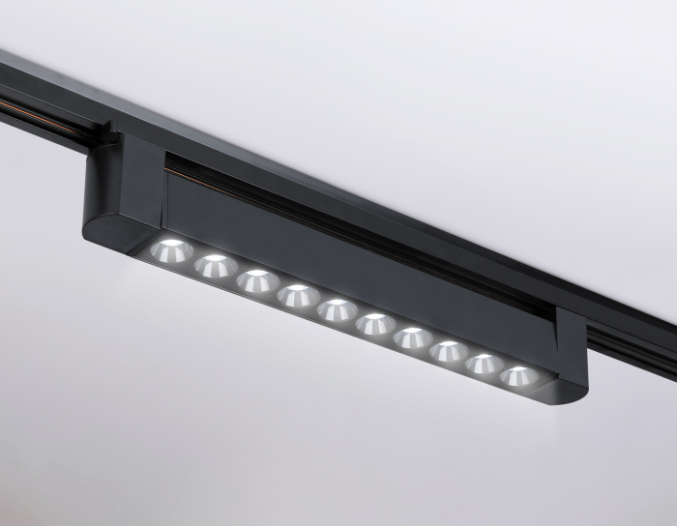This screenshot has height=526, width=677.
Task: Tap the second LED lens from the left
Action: [216, 265]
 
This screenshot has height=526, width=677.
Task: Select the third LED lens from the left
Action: [257, 280]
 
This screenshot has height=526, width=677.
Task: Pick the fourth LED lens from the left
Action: [297, 295]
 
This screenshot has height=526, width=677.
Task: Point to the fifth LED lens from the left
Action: [337, 309]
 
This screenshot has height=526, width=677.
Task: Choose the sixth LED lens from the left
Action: [375, 324]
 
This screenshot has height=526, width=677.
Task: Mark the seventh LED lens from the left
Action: [413, 337]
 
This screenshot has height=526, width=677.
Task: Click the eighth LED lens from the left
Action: [449, 351]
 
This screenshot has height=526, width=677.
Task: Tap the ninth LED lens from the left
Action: [485, 364]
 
